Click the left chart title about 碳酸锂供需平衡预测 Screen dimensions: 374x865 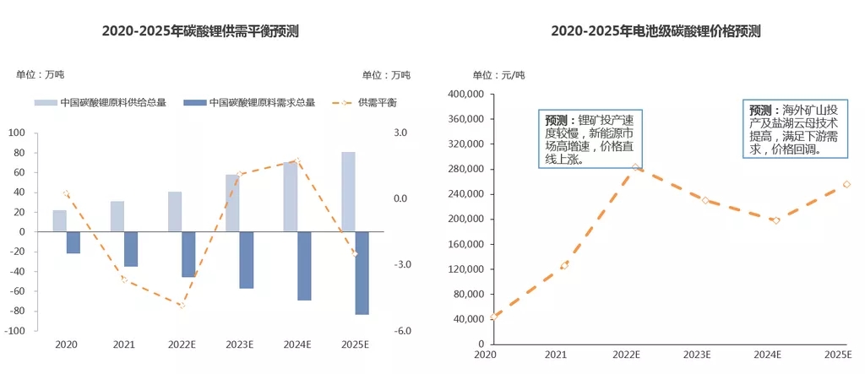200,31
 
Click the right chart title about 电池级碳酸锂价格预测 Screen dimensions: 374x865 656,31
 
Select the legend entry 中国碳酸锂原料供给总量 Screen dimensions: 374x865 101,102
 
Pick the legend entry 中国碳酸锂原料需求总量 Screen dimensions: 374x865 253,102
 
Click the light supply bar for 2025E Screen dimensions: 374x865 348,192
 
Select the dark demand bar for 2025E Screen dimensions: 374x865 362,273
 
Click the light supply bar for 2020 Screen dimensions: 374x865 59,221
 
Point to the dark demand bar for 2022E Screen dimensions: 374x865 188,254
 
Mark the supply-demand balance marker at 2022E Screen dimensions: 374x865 182,305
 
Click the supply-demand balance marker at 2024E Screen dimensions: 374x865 297,160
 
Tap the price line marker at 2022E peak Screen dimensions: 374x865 635,167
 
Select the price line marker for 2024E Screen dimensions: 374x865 776,220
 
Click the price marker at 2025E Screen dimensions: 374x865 846,184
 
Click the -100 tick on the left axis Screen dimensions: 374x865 14,331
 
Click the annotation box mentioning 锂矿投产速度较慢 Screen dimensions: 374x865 591,138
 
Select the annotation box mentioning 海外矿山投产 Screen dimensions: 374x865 796,130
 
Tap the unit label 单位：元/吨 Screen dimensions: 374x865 498,75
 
